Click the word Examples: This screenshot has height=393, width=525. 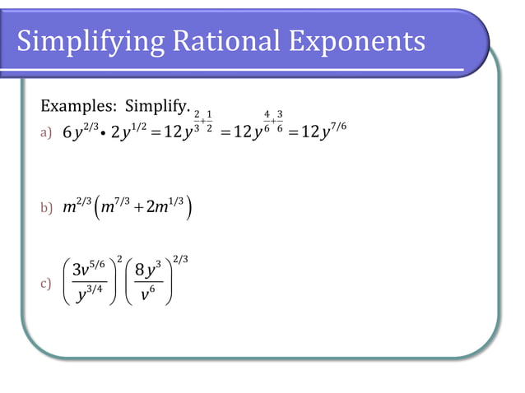79,107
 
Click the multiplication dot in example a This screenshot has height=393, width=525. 102,132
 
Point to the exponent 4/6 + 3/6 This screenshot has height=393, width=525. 273,120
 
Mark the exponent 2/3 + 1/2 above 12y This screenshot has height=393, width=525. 202,120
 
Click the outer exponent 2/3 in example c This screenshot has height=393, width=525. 179,260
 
